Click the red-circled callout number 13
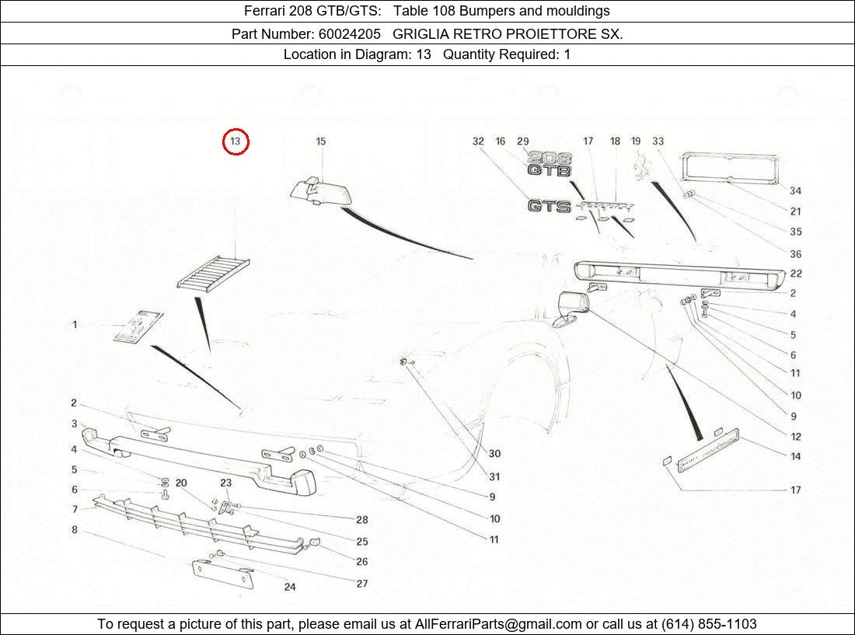[x=236, y=141]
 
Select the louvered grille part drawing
[x=213, y=274]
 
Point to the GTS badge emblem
[x=550, y=206]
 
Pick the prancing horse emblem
[x=641, y=167]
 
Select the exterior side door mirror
[x=572, y=308]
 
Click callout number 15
[x=320, y=141]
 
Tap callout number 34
[x=795, y=190]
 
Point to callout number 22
[x=795, y=274]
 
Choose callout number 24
[x=289, y=587]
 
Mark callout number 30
[x=494, y=454]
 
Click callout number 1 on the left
[x=75, y=324]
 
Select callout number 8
[x=75, y=530]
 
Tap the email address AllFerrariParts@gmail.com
[x=498, y=624]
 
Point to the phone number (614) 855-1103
[x=708, y=624]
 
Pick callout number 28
[x=361, y=520]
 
